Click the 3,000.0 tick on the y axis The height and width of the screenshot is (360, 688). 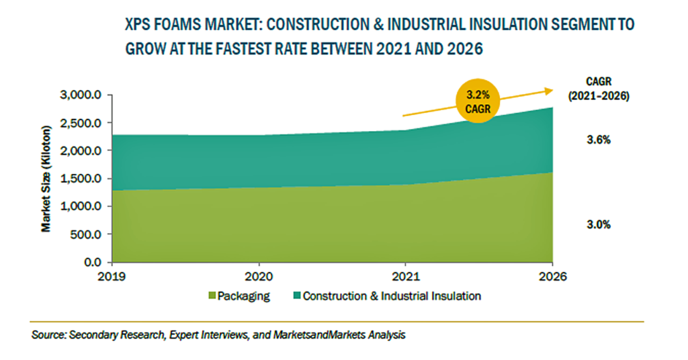(81, 95)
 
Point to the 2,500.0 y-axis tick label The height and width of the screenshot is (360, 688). (81, 123)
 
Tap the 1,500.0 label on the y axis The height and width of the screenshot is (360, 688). (81, 179)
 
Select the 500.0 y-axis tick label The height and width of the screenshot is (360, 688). (85, 234)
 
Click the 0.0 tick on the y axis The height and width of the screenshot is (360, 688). (92, 262)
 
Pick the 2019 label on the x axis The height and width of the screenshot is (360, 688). (112, 277)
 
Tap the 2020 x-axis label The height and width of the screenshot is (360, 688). (259, 277)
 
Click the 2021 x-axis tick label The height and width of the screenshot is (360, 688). (405, 277)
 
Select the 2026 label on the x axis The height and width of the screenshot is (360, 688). (552, 277)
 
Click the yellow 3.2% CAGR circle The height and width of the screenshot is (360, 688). (478, 101)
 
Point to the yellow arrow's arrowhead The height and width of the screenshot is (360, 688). (549, 91)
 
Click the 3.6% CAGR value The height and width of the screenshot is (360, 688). (599, 140)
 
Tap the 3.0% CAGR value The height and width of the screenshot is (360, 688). (599, 224)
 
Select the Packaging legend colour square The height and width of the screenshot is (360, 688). (212, 296)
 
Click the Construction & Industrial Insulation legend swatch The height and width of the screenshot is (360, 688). (296, 296)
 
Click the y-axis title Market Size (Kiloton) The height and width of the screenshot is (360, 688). (46, 179)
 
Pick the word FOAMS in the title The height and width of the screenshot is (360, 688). (175, 25)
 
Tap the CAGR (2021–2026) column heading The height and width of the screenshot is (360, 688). (599, 88)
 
